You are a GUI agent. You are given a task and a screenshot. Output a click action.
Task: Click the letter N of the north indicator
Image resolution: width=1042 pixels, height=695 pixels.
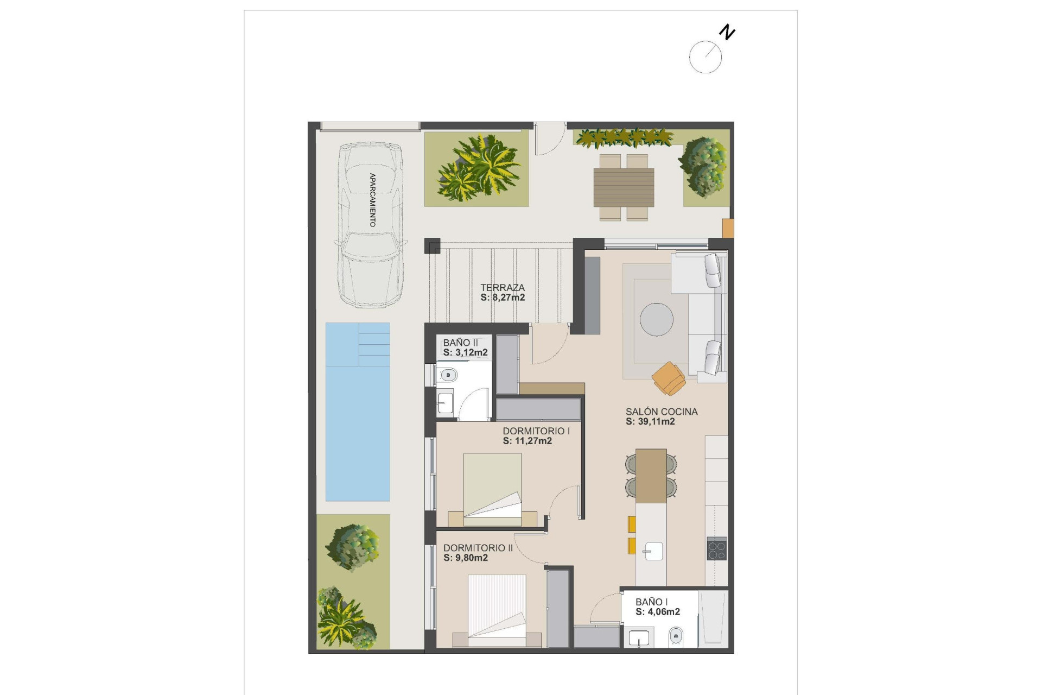click(727, 33)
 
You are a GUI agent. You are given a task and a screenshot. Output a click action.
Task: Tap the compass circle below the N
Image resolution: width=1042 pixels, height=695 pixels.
click(705, 57)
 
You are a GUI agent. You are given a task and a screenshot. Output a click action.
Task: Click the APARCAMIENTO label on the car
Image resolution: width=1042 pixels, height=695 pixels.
click(372, 200)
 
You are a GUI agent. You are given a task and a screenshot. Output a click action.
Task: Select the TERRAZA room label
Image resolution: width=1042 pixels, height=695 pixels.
click(503, 287)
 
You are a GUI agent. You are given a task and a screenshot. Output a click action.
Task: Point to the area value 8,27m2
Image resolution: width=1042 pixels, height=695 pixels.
click(509, 298)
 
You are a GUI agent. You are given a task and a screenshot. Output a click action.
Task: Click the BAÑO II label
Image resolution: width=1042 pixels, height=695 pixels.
click(460, 343)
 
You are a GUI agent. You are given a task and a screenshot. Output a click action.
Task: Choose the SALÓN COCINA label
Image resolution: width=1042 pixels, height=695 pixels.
click(661, 412)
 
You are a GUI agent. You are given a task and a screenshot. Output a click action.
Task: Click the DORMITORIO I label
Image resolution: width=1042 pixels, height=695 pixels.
click(536, 431)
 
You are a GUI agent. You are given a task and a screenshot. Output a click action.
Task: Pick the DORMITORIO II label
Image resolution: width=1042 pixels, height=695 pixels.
click(478, 548)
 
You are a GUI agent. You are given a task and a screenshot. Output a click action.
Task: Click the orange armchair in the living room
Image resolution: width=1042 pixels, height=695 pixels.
click(669, 378)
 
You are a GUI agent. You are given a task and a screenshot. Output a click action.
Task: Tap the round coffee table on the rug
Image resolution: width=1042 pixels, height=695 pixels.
click(656, 319)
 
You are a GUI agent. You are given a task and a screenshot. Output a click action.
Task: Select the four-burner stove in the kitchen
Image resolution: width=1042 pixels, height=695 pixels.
click(716, 548)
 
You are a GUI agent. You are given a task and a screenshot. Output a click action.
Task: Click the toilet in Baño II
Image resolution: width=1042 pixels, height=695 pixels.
click(448, 375)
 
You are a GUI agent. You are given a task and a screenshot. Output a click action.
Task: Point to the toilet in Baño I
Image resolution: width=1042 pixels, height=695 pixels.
click(676, 635)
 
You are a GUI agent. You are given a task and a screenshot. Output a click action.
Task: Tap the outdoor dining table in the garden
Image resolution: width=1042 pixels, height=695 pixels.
click(624, 187)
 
